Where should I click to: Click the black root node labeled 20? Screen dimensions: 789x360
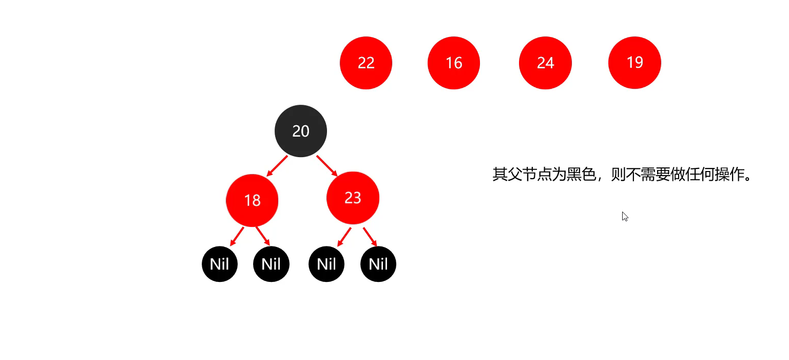tap(301, 131)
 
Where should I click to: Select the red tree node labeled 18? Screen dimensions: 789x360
tap(252, 200)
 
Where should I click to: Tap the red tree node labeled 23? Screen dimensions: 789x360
tap(353, 198)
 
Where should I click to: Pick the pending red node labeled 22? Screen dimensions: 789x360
tap(366, 63)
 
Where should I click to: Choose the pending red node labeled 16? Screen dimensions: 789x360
tap(454, 63)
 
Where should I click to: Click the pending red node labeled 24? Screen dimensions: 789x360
tap(545, 63)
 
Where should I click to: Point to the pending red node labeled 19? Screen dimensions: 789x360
tap(634, 63)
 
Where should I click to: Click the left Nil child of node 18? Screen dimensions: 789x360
tap(220, 264)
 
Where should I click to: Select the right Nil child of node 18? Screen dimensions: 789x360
tap(271, 264)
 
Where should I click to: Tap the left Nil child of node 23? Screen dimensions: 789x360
tap(326, 264)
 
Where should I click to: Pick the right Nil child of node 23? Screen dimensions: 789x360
tap(378, 264)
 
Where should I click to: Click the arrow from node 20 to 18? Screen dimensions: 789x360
tap(277, 166)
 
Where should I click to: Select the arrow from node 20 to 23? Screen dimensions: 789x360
tap(327, 165)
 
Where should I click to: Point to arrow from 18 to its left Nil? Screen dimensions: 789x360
tap(237, 236)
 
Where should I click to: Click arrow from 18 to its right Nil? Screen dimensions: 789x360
tap(263, 236)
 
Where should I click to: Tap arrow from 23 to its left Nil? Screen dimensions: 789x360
tap(344, 237)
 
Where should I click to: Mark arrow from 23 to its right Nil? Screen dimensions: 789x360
tap(370, 237)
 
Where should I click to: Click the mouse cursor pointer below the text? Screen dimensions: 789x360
tap(625, 216)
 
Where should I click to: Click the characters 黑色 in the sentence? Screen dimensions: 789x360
tap(581, 175)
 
